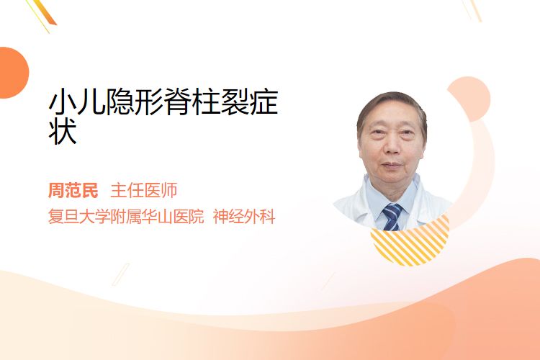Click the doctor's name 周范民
tap(73, 191)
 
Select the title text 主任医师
tap(144, 191)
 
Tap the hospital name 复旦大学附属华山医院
tap(126, 217)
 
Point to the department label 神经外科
tap(244, 217)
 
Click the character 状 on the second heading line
tap(63, 132)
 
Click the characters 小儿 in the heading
tap(77, 102)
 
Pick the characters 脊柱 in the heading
tap(192, 102)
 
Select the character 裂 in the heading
tap(235, 102)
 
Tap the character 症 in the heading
tap(264, 102)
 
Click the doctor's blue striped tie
tap(392, 217)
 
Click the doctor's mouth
tap(392, 166)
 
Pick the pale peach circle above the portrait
tap(469, 99)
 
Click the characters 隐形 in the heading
tap(134, 102)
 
